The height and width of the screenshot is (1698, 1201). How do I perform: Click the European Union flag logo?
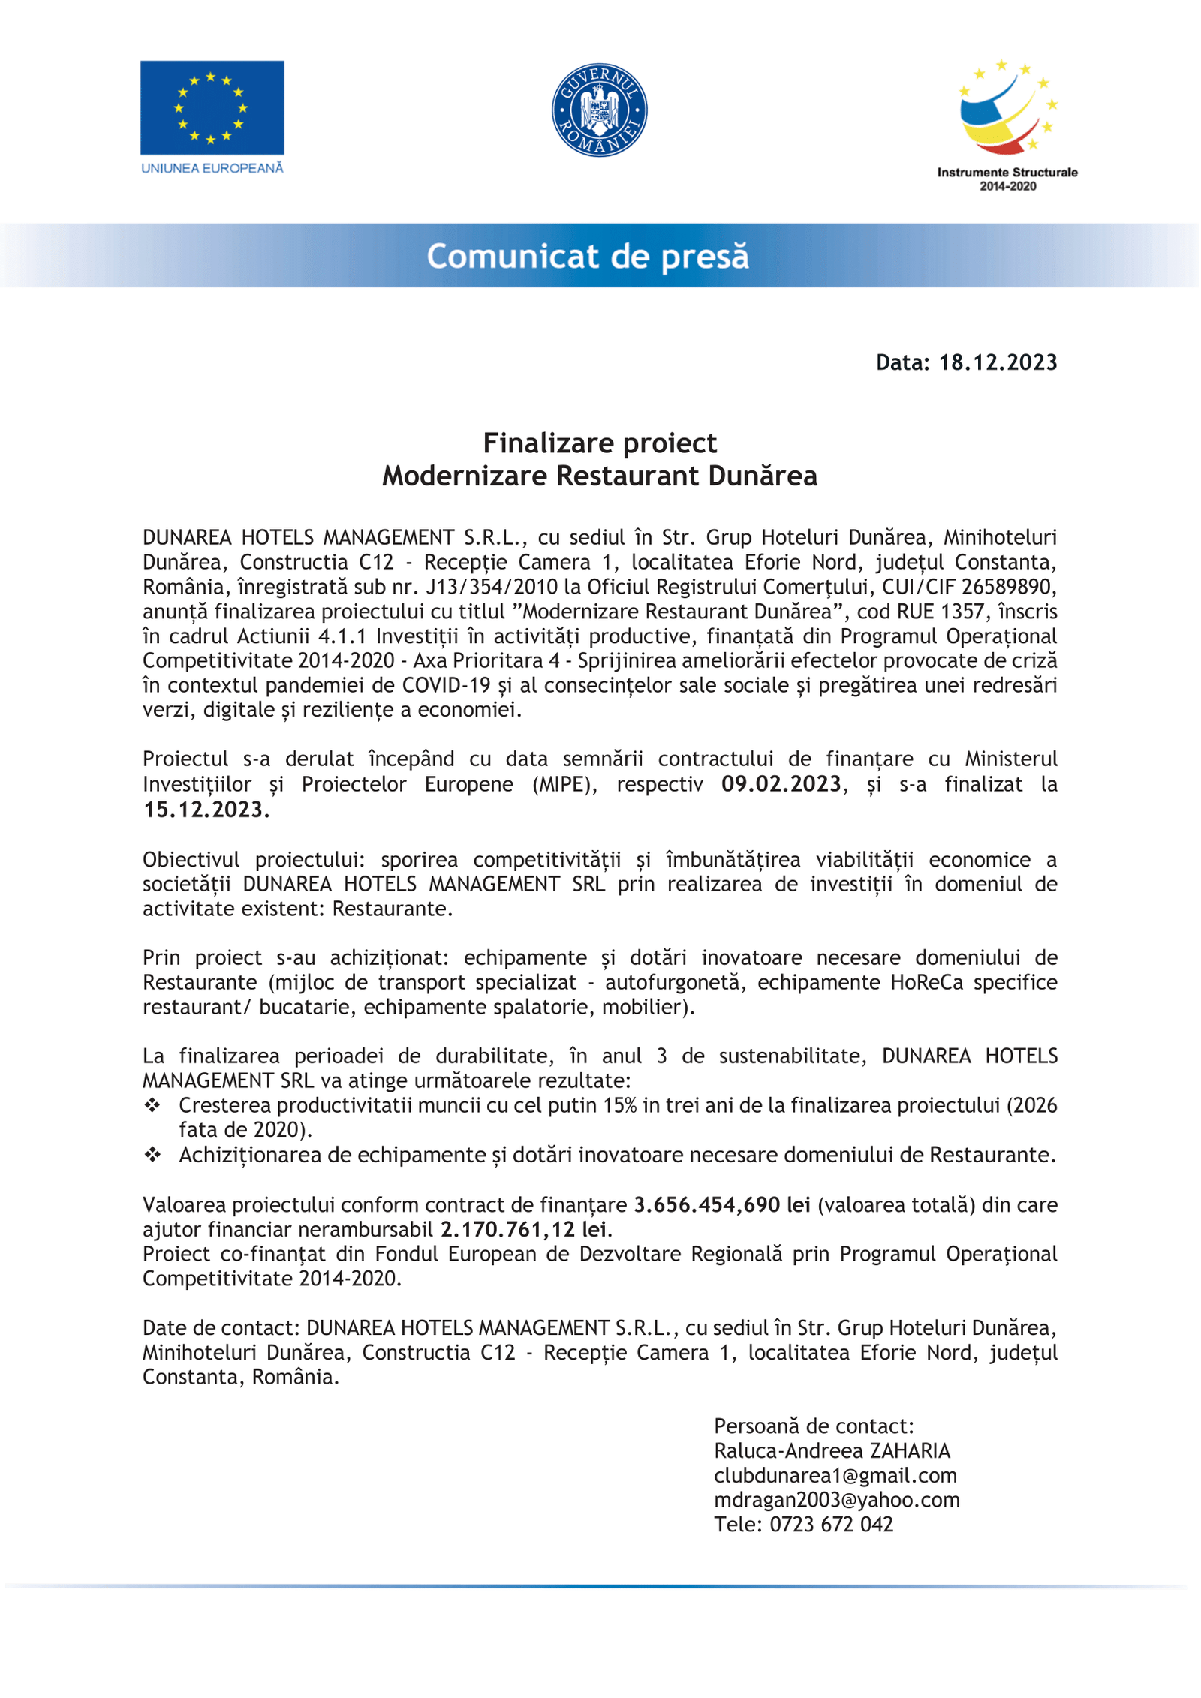(212, 108)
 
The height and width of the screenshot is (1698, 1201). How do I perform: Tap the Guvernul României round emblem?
(599, 110)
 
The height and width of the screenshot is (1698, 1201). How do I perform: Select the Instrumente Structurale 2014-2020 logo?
(1007, 125)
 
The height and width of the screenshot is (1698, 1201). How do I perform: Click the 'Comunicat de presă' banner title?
(588, 256)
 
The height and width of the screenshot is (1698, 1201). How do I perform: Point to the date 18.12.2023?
(998, 362)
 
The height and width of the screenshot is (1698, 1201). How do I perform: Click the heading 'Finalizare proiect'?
(600, 443)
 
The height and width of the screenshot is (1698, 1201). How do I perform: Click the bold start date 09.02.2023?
(781, 784)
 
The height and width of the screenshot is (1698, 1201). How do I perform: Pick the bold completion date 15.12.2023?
(206, 810)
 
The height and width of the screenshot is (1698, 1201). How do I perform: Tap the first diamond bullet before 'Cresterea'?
(152, 1105)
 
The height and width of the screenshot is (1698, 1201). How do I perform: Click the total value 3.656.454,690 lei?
(722, 1204)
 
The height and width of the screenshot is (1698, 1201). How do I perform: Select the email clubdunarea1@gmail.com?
(835, 1476)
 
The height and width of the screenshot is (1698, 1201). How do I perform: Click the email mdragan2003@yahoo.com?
(837, 1500)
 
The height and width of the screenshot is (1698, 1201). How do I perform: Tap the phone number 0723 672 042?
(831, 1525)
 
